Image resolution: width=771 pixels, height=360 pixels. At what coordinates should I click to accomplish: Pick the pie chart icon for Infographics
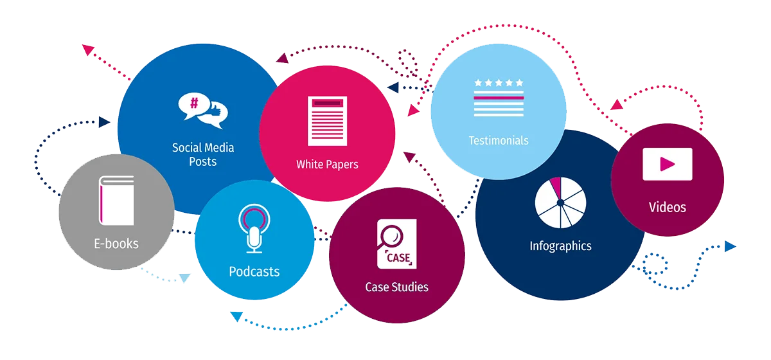coord(560,202)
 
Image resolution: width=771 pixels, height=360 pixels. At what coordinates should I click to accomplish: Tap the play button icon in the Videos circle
coord(668,164)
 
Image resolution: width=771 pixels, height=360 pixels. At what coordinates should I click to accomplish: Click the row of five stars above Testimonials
coord(499,83)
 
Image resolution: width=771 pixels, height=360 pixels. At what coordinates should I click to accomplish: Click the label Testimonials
coord(499,140)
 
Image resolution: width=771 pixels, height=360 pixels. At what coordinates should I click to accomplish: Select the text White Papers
coord(327,165)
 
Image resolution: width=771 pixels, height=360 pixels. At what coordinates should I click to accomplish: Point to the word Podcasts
coord(254,271)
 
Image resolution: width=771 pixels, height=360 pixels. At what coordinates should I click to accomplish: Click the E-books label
coord(116,244)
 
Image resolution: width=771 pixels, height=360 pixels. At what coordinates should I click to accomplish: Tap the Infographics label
coord(560,246)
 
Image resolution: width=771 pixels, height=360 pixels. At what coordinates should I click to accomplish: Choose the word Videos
coord(667,207)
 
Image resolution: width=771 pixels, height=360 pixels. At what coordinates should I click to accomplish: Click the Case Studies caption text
coord(396,287)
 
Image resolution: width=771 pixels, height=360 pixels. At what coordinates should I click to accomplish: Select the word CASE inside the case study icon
coord(398,258)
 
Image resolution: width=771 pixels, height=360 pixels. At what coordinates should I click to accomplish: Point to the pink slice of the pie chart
coord(555,189)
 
